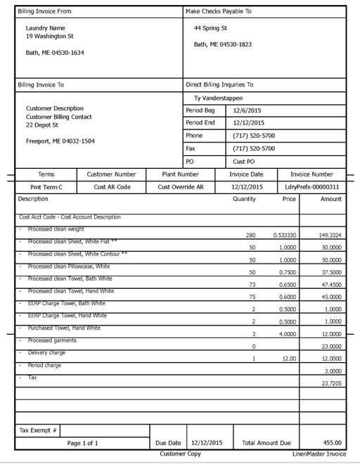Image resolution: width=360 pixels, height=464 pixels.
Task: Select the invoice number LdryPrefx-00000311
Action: click(x=312, y=187)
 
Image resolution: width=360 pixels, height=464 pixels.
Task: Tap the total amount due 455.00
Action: click(x=333, y=443)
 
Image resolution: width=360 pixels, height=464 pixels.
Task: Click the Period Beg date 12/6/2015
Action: click(x=247, y=110)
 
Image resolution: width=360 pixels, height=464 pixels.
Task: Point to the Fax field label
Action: click(x=191, y=148)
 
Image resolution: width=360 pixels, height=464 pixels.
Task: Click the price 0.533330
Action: click(x=285, y=235)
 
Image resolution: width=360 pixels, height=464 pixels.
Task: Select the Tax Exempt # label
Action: click(x=39, y=430)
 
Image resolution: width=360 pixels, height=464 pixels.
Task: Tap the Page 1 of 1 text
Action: click(x=82, y=444)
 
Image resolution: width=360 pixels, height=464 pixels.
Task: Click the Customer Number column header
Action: click(x=111, y=174)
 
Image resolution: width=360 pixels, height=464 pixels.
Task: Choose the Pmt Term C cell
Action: click(x=46, y=187)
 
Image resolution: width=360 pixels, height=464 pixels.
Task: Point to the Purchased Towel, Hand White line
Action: click(x=64, y=328)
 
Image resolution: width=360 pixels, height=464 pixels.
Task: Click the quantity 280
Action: click(x=251, y=235)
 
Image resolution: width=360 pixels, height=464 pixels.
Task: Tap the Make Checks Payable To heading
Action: click(x=218, y=12)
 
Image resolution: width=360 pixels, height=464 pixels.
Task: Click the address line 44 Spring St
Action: click(x=210, y=28)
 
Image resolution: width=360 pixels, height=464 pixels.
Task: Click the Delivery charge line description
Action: click(x=46, y=353)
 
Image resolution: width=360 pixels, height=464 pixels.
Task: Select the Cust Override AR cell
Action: click(x=181, y=187)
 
